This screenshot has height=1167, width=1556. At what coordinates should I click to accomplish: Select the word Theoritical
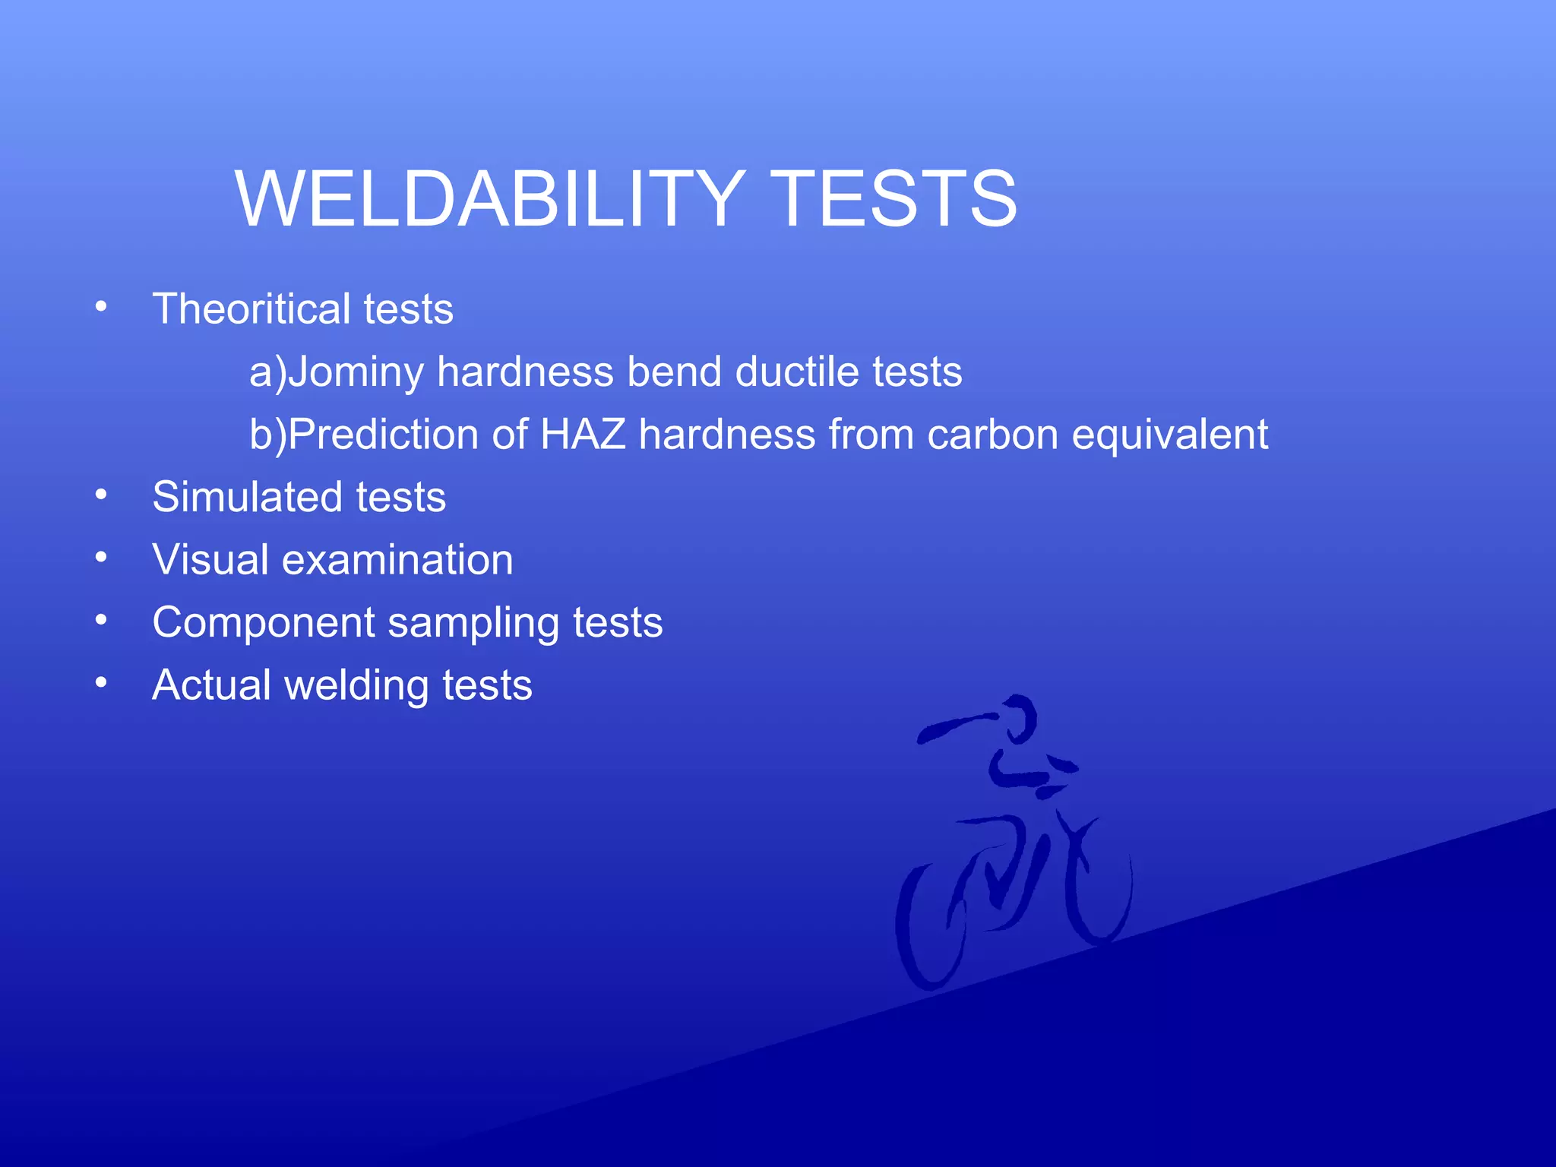coord(251,309)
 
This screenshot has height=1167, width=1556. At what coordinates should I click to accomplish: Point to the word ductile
coord(797,372)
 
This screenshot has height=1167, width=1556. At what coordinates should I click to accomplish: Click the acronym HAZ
coord(583,435)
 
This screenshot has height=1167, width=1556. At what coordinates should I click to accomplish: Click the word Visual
coord(210,560)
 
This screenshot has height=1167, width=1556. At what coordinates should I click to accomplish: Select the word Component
coord(264,623)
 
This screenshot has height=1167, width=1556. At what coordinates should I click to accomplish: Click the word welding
coord(356,686)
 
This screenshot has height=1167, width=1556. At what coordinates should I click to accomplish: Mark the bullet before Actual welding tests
coord(101,683)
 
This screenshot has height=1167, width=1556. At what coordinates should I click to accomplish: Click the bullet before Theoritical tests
coord(101,307)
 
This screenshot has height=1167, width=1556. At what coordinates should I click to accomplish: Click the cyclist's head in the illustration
coord(1018,719)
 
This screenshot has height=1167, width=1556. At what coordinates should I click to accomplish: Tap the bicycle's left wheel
coord(928,927)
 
